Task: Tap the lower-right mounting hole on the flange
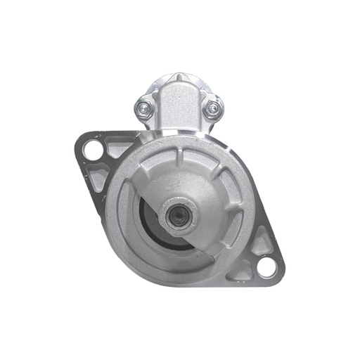point(265,266)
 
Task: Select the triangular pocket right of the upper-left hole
point(117,148)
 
